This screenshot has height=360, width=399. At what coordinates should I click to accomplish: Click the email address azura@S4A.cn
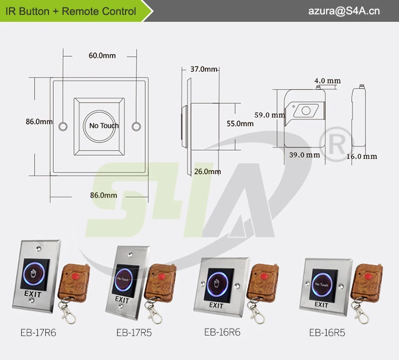tap(344, 11)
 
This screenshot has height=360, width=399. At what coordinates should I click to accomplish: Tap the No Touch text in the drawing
tap(104, 125)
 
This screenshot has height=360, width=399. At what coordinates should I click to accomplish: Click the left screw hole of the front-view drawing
tap(63, 126)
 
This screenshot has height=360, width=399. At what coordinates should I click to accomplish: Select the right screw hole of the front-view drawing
tap(136, 126)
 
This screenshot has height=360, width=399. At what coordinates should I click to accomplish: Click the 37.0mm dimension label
tap(204, 69)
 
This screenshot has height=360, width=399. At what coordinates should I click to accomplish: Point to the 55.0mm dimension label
tap(240, 123)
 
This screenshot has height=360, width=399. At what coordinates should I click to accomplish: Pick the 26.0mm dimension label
tap(207, 171)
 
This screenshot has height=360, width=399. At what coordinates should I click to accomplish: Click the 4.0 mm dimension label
tap(327, 81)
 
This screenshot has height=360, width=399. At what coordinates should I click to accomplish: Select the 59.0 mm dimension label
tap(269, 115)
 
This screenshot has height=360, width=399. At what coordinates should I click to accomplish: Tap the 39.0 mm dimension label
tap(305, 155)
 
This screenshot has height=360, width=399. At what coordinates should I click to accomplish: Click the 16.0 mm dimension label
tap(362, 156)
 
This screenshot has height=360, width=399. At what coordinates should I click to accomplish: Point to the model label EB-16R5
tap(327, 333)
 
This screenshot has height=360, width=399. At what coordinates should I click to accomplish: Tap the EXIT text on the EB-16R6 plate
tap(216, 305)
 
